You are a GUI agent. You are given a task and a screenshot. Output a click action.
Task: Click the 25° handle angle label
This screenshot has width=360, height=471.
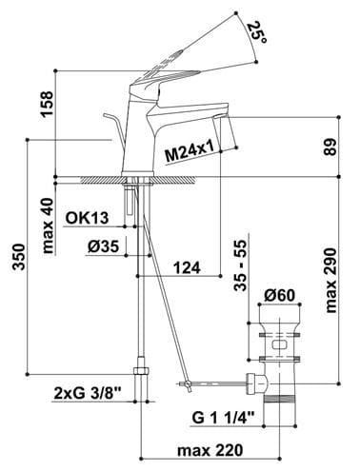pyautogui.click(x=257, y=32)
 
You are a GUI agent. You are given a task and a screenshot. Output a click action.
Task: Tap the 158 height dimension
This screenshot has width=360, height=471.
pyautogui.click(x=48, y=104)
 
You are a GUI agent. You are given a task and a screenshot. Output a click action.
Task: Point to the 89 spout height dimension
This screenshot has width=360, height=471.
pyautogui.click(x=330, y=147)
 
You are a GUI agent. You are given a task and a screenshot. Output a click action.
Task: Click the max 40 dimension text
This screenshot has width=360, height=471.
pyautogui.click(x=48, y=226)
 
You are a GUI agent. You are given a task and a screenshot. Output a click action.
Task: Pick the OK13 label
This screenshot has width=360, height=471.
pyautogui.click(x=87, y=218)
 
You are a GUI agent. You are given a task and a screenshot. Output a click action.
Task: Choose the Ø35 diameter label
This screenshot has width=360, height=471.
pyautogui.click(x=104, y=246)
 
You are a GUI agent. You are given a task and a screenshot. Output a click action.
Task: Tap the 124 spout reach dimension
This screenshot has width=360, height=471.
pyautogui.click(x=187, y=268)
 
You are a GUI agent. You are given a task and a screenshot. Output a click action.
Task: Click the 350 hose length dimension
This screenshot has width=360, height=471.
pyautogui.click(x=19, y=256)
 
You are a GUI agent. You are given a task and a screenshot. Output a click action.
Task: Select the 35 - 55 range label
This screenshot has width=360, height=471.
pyautogui.click(x=240, y=265)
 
